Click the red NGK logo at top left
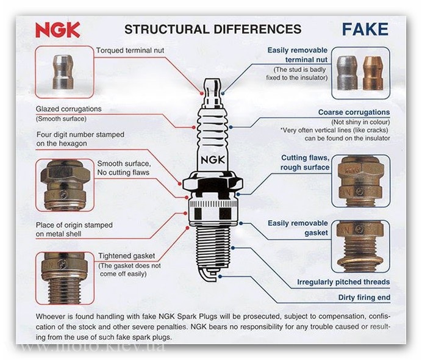tap(58, 30)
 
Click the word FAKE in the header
tap(365, 29)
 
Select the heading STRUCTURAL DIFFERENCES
tap(213, 29)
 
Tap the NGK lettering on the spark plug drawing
tap(213, 160)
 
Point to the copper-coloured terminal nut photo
tap(373, 73)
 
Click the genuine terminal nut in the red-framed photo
tap(63, 72)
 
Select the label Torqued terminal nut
tap(130, 51)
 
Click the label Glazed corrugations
tap(69, 109)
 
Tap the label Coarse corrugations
tap(354, 112)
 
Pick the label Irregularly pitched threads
tap(343, 282)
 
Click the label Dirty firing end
tap(364, 298)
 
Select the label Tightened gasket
tap(126, 256)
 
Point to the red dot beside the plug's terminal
tap(202, 93)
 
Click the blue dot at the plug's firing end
tap(220, 276)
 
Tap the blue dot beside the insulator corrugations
tap(231, 127)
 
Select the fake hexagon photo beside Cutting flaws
tap(361, 181)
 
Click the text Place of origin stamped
tap(74, 225)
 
